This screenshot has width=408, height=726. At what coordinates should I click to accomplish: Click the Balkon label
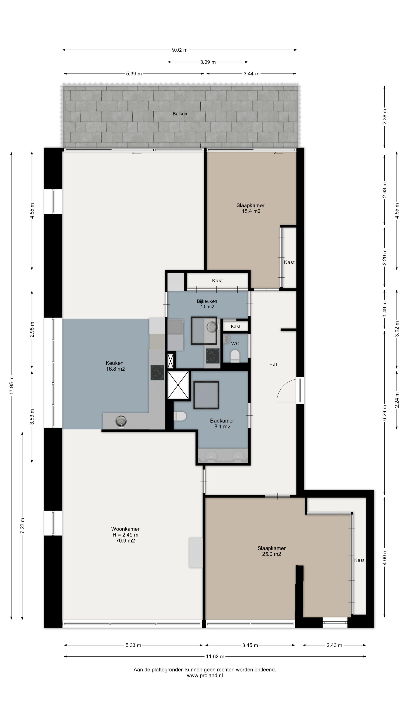[x=180, y=114]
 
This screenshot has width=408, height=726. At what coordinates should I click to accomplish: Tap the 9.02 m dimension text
[x=180, y=50]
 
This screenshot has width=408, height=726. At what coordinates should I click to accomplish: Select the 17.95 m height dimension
[x=12, y=385]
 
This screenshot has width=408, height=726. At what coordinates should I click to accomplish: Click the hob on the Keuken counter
[x=157, y=373]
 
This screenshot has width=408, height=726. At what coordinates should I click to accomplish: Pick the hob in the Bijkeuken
[x=213, y=356]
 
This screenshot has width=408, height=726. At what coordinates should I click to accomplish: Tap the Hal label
[x=273, y=364]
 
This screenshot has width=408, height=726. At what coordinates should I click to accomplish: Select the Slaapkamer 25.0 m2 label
[x=271, y=551]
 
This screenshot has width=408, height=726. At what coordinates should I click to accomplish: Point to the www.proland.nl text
[x=205, y=676]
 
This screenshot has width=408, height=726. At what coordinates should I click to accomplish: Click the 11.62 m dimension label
[x=215, y=657]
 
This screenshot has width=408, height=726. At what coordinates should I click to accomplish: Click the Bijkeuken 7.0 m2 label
[x=207, y=304]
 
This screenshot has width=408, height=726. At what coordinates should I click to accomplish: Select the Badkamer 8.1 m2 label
[x=222, y=423]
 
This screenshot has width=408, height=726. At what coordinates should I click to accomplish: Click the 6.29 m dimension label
[x=385, y=412]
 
